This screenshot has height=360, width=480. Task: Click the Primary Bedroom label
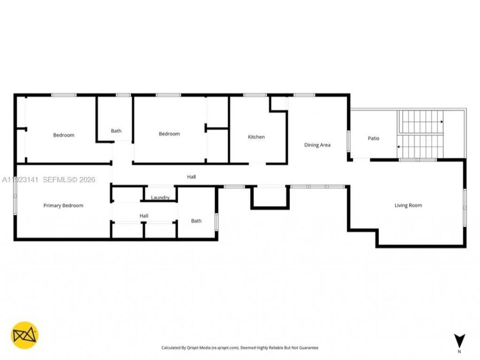point(63,205)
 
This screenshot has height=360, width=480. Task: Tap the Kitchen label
point(256,137)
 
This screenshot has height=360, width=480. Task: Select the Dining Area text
point(317,145)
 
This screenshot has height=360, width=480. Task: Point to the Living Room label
point(408,205)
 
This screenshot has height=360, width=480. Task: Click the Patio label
point(373,138)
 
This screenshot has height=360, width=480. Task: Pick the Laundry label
point(160,197)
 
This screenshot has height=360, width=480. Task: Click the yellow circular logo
point(25,335)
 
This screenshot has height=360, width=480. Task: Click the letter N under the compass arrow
point(459,351)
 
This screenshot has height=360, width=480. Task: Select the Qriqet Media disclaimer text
point(239,348)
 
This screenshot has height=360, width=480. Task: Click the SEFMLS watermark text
point(69,180)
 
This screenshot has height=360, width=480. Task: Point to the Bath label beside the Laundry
point(196,221)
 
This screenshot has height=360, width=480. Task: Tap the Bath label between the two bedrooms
point(116,131)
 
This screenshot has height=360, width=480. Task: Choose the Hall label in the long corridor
point(191,177)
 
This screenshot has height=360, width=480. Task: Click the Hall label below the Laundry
point(144,216)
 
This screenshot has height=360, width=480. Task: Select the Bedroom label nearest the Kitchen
point(169,134)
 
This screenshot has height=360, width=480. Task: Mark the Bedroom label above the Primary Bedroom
point(63,135)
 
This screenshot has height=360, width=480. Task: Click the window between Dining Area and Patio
point(349,141)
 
